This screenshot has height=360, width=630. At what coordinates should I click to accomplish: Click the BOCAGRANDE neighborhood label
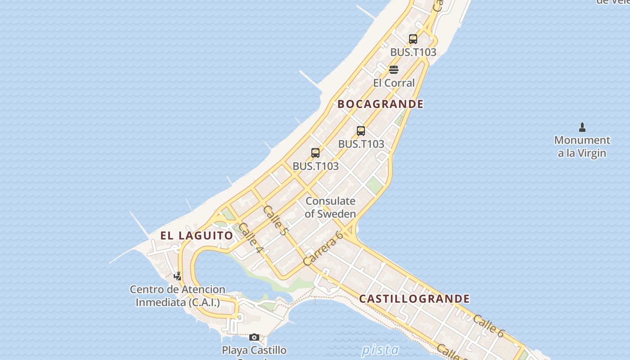click(380, 104)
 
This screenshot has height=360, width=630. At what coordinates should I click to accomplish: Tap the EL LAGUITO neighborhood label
click(197, 235)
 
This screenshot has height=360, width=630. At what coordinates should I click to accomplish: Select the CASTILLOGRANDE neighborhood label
click(414, 299)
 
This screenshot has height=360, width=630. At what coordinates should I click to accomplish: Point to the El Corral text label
click(394, 83)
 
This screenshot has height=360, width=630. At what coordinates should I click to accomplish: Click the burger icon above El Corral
click(394, 70)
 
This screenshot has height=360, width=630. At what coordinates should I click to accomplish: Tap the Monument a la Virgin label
click(582, 146)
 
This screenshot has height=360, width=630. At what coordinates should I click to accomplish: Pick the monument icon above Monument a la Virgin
click(582, 127)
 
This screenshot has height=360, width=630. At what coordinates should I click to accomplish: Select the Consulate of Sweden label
click(330, 207)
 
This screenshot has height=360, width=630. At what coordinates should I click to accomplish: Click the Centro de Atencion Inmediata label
click(178, 296)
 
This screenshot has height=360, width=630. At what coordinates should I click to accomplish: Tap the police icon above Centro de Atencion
click(178, 276)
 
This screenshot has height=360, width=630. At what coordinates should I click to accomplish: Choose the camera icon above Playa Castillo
click(254, 337)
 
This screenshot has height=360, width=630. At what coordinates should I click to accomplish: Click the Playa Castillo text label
click(254, 350)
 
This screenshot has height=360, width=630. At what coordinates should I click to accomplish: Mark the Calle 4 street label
click(251, 237)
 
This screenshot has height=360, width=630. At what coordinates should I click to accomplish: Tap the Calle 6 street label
click(488, 325)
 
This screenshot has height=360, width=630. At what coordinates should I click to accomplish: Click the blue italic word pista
click(380, 350)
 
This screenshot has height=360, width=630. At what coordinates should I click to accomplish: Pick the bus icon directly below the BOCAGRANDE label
click(361, 131)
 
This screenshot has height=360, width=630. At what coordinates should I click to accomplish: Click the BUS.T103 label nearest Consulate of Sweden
click(315, 166)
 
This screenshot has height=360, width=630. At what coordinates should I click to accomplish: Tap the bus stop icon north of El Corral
click(413, 39)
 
